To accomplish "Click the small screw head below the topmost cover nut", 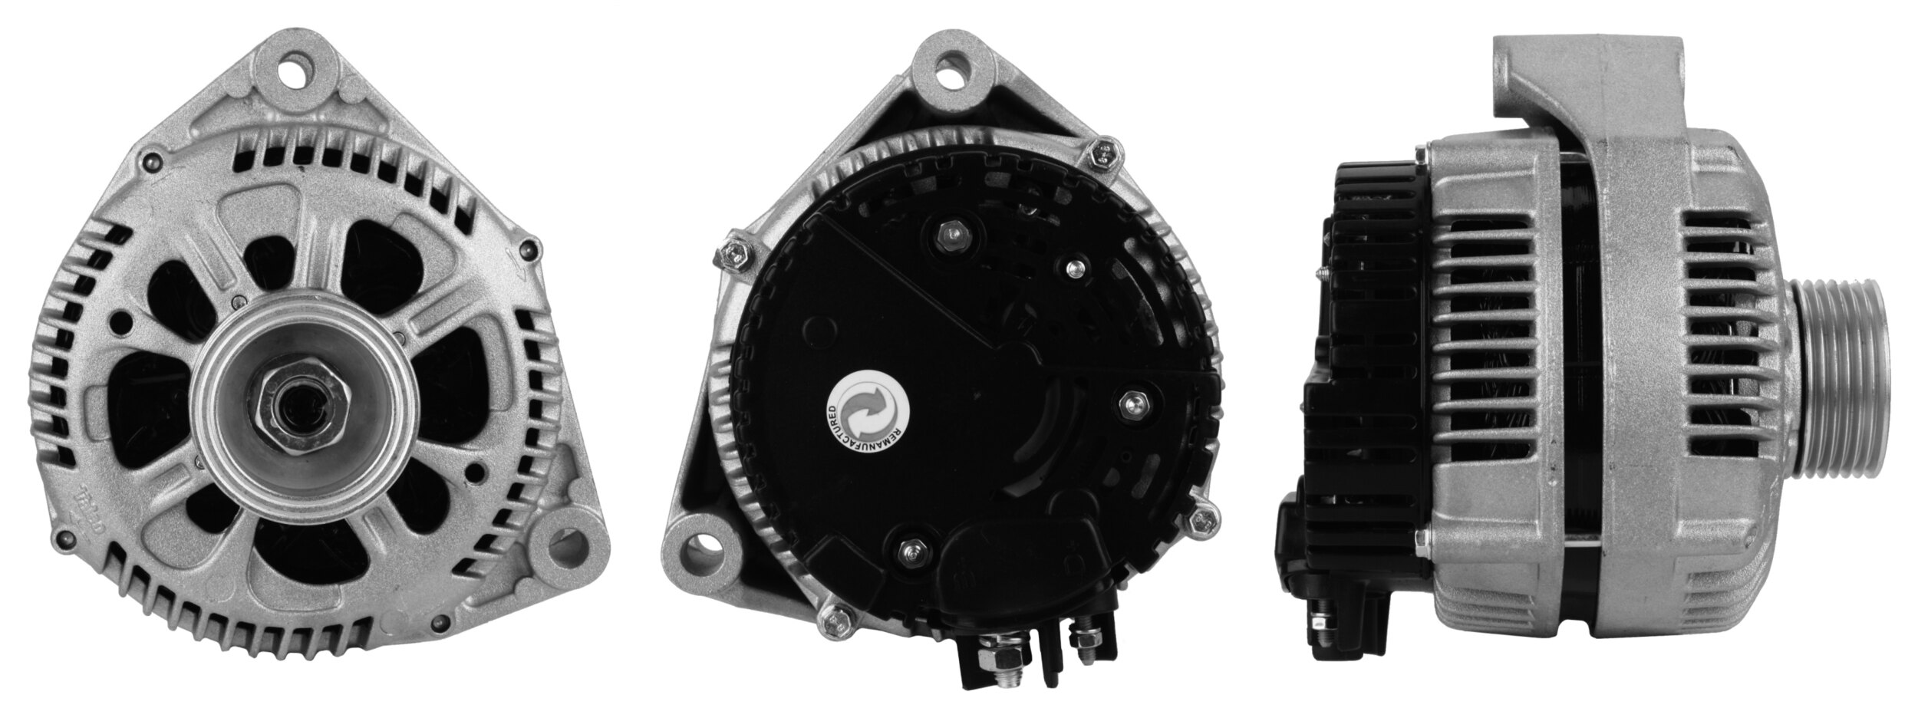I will (x=1074, y=267).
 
